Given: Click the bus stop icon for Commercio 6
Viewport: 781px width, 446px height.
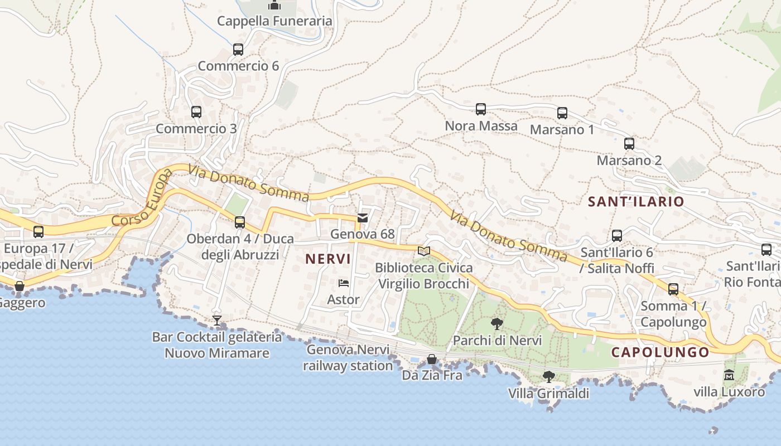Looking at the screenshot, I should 238,50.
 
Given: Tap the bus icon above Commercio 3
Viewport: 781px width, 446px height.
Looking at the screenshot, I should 196,112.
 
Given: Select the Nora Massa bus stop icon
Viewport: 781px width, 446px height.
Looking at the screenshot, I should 481,109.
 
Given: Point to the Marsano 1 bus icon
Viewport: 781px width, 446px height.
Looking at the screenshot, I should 562,113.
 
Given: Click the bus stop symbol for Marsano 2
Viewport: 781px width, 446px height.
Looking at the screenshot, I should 629,144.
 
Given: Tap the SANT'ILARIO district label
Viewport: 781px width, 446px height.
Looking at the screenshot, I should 636,202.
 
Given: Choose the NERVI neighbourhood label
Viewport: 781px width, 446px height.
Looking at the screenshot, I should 328,259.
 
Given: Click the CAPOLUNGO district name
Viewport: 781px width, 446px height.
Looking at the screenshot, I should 660,352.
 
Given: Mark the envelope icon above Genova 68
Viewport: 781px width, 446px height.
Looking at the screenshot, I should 363,218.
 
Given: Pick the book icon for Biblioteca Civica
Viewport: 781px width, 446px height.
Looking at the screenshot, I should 424,251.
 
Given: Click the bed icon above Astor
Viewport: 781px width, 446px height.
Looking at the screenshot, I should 344,283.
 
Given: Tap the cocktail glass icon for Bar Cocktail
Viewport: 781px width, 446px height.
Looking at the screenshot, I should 217,321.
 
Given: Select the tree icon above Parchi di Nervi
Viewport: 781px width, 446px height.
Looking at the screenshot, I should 496,324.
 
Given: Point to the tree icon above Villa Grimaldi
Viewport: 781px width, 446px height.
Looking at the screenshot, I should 549,377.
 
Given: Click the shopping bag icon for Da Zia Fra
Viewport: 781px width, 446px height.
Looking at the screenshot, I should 432,359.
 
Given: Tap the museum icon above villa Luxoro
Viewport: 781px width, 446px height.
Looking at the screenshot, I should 729,375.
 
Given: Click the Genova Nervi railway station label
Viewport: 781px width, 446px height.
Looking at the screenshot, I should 348,358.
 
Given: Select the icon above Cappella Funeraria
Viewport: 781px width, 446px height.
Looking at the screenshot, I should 274,5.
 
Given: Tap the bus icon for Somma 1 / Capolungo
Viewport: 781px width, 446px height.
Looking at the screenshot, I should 673,289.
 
